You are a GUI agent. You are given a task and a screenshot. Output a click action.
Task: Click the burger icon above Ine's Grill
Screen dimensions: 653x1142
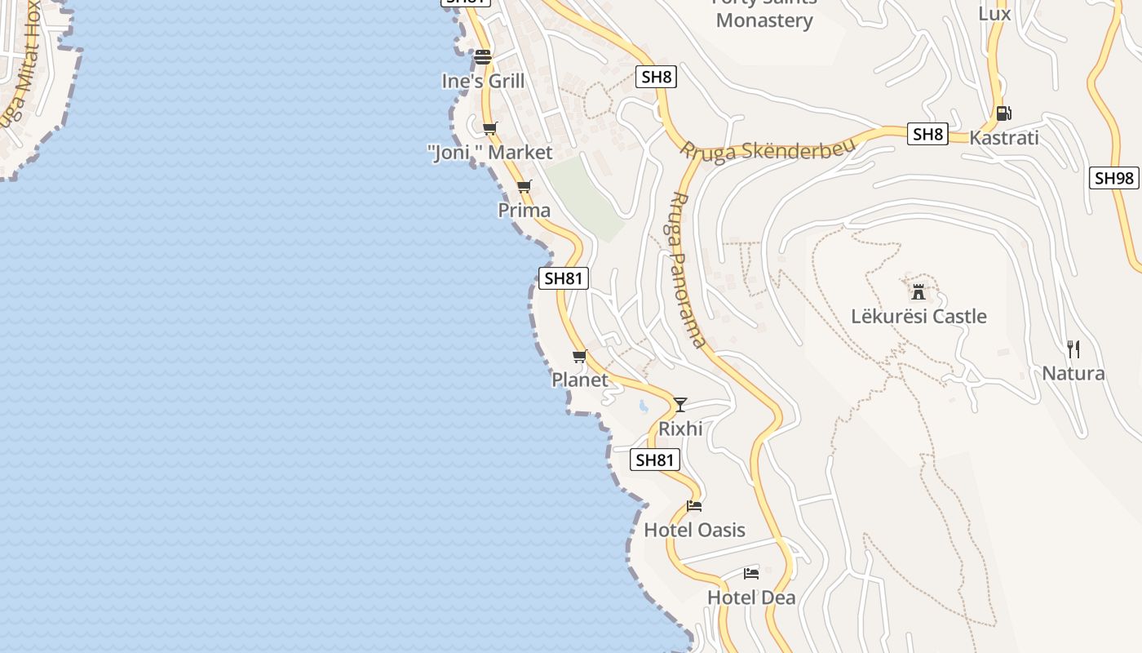[483, 57]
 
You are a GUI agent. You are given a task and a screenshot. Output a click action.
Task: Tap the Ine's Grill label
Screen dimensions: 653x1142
[483, 82]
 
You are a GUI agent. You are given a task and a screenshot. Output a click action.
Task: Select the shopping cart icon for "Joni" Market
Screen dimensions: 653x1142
[489, 128]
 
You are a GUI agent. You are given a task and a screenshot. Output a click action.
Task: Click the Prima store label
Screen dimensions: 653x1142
[525, 211]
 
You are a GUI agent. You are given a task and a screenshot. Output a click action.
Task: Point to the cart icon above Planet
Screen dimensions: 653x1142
[579, 356]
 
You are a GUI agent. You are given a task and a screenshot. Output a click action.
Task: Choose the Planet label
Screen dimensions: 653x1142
[580, 380]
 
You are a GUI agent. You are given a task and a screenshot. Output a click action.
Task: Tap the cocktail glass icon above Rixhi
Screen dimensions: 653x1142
[680, 404]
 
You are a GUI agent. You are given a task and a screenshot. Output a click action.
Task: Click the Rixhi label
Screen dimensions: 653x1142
[680, 429]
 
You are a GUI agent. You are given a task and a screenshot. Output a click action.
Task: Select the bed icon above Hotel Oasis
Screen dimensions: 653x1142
[694, 506]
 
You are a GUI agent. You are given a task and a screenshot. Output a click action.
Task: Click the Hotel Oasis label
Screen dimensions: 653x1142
[694, 531]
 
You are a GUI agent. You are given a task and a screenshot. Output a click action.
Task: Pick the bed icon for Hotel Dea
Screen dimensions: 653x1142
[751, 573]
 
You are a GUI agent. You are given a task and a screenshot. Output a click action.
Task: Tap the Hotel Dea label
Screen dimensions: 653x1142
[751, 597]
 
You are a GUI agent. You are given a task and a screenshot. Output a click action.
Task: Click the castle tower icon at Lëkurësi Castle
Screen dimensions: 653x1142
[918, 291]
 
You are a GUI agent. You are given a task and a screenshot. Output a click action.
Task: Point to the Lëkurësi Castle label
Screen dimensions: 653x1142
[918, 317]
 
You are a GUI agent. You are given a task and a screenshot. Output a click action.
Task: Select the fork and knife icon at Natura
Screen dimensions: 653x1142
[1073, 349]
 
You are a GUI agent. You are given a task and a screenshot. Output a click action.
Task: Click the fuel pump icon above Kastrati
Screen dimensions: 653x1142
[1003, 113]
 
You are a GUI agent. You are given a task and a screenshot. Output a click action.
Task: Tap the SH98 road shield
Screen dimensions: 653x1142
[1113, 178]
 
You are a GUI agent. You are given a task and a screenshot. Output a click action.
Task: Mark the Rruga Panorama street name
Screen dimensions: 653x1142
[686, 269]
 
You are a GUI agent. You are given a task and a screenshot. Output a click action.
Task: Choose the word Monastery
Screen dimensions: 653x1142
[764, 21]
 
